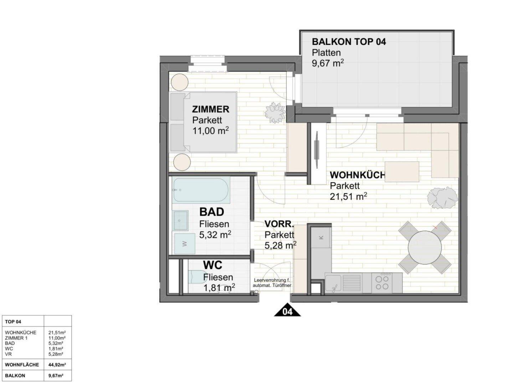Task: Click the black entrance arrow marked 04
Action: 287,310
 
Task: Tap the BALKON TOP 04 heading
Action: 349,42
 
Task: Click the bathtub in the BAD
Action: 201,190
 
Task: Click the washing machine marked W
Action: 184,243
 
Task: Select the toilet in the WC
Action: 197,277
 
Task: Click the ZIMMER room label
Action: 211,109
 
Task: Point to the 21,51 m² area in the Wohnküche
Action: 348,197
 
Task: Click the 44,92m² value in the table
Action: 57,365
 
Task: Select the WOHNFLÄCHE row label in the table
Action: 22,365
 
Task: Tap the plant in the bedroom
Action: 275,113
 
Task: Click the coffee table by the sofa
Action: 402,172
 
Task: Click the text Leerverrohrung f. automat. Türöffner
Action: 272,283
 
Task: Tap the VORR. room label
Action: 279,224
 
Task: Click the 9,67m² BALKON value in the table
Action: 56,376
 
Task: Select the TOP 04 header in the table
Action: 13,322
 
